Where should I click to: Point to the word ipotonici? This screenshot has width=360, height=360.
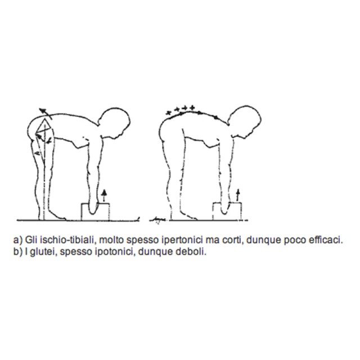114,253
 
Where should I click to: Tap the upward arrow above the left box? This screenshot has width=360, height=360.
105,195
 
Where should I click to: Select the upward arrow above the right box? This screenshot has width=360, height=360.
238,195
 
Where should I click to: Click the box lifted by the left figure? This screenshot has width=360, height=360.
95,211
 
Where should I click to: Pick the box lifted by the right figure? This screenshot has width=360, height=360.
227,211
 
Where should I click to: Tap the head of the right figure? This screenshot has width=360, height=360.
245,121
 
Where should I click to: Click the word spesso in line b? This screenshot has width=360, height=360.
77,253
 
